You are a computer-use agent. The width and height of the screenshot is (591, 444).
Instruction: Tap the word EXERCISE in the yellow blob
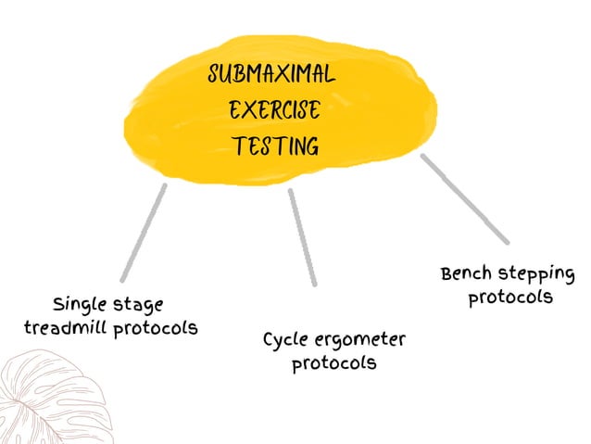tap(274, 111)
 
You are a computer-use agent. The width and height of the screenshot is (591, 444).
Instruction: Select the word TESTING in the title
tap(275, 146)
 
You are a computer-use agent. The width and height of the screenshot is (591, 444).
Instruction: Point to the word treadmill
tap(68, 329)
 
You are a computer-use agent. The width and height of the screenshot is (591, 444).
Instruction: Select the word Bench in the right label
tap(470, 274)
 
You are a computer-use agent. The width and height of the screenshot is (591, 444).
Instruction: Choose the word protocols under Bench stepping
tap(510, 298)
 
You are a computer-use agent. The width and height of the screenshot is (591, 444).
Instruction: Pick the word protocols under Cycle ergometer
tap(334, 363)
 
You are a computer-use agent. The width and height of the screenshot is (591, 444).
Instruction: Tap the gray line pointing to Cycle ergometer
tap(303, 237)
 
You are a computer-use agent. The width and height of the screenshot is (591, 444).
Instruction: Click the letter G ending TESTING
tap(311, 146)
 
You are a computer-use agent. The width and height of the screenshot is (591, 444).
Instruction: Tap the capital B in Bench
tap(447, 274)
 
